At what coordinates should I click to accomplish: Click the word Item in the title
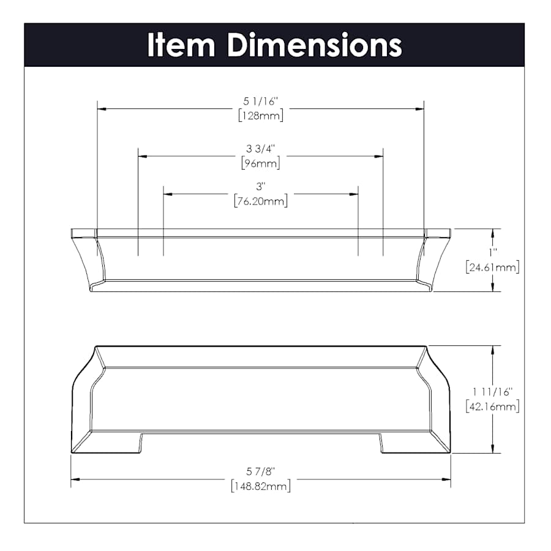point(181,45)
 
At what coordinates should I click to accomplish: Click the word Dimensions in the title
point(315,45)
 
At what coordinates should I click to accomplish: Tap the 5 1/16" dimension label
point(261,102)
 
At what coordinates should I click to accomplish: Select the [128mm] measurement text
point(261,116)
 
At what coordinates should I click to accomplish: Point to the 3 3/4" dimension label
point(261,149)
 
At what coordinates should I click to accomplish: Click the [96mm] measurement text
point(261,163)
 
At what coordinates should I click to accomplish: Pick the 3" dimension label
point(261,187)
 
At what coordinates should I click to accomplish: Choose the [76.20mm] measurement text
point(261,201)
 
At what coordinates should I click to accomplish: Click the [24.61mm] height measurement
point(492,268)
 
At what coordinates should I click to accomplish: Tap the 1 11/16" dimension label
point(492,391)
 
